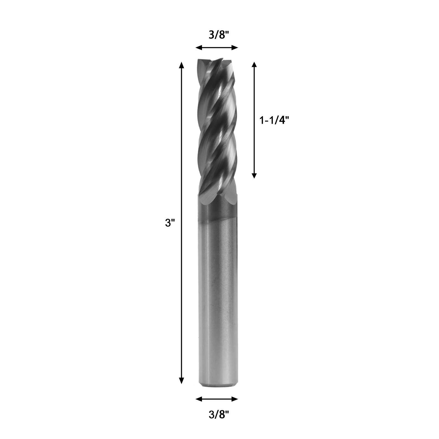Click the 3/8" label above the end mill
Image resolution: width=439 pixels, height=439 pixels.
219,35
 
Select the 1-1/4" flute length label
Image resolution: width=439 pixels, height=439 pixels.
274,120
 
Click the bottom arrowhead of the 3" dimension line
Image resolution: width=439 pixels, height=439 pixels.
181,380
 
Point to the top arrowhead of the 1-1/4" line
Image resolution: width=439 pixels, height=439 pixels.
254,65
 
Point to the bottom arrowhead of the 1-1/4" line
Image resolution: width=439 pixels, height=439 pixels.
254,175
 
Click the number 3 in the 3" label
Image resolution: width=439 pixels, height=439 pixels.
168,223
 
